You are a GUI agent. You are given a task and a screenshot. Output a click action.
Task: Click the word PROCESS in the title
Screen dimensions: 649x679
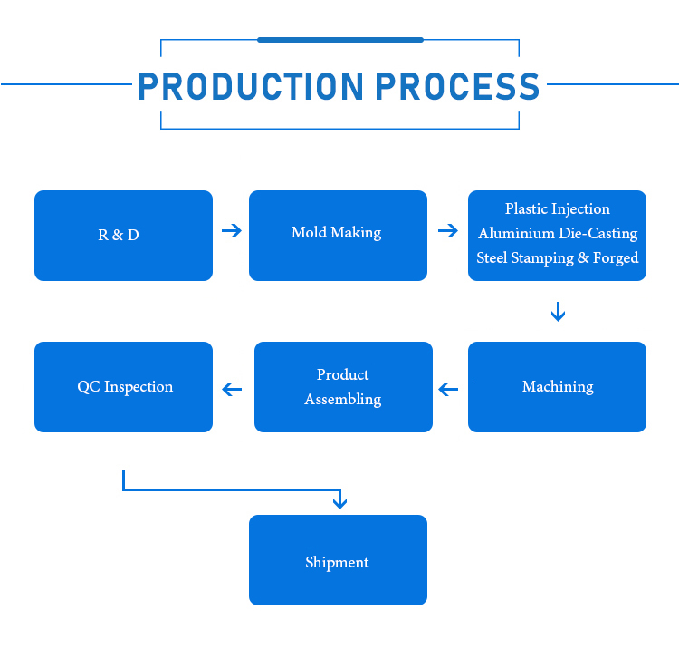(457, 86)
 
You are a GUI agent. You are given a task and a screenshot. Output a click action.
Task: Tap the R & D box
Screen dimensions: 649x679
(123, 236)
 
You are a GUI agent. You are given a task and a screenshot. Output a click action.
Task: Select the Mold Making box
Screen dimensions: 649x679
(338, 235)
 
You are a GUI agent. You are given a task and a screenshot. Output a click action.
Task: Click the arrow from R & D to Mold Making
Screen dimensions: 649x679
(232, 231)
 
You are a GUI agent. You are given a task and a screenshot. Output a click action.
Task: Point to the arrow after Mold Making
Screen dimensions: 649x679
(447, 231)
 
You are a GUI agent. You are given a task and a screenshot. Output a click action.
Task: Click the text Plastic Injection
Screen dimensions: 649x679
(557, 209)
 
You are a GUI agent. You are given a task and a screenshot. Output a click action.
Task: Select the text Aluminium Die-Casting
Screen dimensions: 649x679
(557, 234)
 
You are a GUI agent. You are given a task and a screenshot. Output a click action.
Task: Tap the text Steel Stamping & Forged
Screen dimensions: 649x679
(557, 258)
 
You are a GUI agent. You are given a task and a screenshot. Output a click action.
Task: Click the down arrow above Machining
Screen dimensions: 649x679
(558, 313)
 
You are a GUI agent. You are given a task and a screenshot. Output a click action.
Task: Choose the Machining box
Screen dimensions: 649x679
(557, 387)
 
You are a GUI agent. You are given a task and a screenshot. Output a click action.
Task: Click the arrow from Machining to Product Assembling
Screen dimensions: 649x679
(448, 390)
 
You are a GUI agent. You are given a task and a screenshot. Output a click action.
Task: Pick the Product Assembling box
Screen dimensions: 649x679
(343, 387)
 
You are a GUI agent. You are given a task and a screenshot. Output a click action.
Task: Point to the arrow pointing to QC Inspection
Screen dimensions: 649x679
(233, 390)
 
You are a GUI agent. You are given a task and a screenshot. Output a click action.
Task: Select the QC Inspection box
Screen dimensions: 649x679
(123, 387)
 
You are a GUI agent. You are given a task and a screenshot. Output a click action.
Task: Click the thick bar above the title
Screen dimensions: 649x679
(339, 40)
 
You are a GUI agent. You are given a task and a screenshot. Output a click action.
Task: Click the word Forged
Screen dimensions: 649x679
(616, 258)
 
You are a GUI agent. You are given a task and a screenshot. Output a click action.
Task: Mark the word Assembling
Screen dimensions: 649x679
(343, 400)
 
